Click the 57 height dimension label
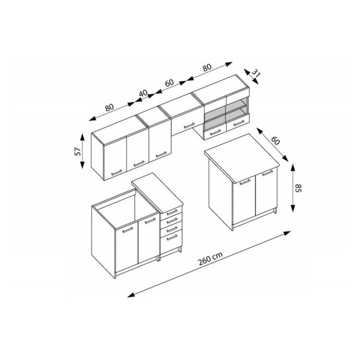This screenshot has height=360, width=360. tap(78, 151)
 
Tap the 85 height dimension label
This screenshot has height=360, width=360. tap(298, 188)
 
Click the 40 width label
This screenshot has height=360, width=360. tap(143, 93)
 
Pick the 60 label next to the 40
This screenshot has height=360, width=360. tap(169, 83)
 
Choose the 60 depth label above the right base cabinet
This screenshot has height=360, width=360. tap(275, 141)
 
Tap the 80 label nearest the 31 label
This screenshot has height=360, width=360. tap(206, 67)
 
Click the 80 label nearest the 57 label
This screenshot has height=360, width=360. tap(110, 107)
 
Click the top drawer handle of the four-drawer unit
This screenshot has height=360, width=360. tap(172, 212)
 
